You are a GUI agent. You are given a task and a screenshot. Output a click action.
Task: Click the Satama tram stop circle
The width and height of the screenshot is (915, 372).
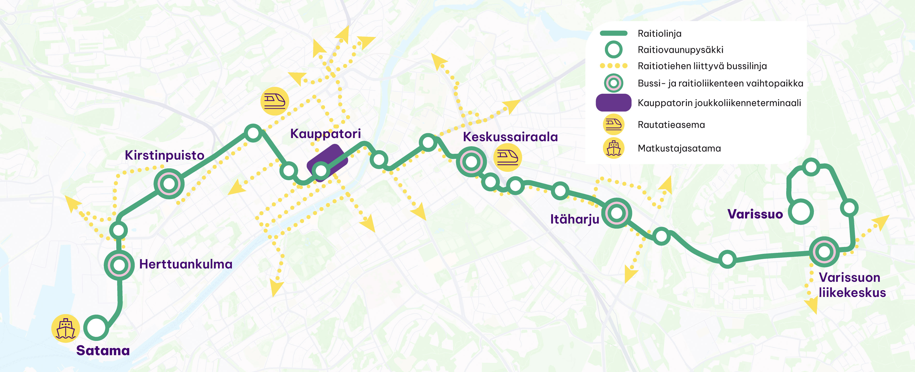point(96,328)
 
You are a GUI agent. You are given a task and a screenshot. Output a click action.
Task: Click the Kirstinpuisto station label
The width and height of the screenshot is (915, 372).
point(164,155)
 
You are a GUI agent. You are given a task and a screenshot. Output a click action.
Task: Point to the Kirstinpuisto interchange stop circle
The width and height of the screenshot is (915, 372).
point(169,184)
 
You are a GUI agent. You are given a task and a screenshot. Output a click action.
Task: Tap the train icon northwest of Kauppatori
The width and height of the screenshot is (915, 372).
point(274,101)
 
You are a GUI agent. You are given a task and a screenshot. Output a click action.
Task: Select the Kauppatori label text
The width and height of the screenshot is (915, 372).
point(325,134)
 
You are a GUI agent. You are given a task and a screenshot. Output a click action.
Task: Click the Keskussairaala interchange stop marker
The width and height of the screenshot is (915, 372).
point(471,162)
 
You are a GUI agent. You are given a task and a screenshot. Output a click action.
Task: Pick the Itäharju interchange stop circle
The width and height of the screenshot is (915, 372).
point(617,213)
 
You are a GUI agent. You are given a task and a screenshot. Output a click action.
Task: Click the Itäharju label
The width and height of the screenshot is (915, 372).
point(574,219)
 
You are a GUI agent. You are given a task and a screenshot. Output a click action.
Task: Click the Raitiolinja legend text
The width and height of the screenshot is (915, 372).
point(659,33)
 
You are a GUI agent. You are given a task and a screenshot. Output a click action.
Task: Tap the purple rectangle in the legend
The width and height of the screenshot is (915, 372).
point(613,103)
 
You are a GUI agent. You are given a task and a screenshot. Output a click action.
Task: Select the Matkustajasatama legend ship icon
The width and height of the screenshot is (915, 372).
point(613,148)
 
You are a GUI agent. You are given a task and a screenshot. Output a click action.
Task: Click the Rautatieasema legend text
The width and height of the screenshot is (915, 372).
point(671,125)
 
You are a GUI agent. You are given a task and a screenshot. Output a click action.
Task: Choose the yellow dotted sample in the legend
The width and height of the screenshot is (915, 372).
point(613,66)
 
